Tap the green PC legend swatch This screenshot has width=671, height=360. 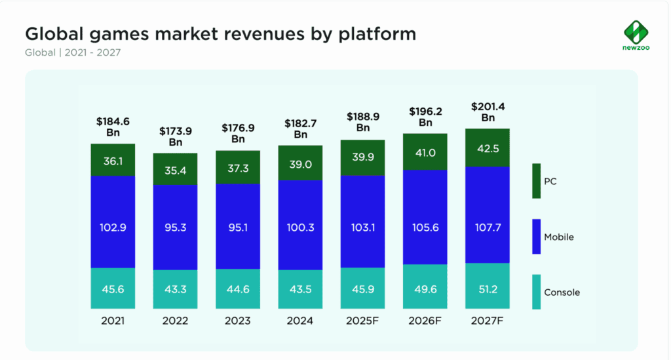tap(536, 181)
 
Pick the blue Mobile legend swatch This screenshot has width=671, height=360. tap(536, 237)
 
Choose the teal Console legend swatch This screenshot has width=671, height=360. tap(536, 292)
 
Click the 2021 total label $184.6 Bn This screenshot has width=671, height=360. tap(113, 126)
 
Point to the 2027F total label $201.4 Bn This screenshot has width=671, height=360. tap(488, 111)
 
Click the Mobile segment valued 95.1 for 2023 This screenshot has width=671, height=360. tap(238, 226)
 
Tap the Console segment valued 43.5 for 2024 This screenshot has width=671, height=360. tap(300, 289)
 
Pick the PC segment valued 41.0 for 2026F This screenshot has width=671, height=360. tap(425, 151)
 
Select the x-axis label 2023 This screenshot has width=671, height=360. tap(238, 321)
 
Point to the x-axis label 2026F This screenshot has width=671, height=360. tap(425, 321)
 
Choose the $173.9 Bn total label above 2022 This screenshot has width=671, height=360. tap(175, 136)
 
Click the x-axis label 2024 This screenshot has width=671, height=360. tap(300, 321)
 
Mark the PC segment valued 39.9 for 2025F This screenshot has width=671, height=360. tap(363, 158)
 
